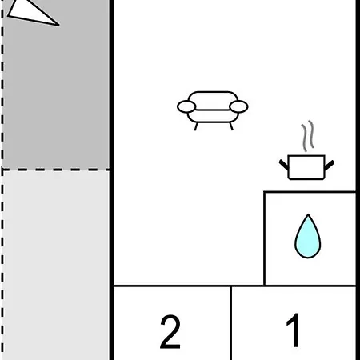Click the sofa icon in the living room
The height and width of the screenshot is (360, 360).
point(213,110)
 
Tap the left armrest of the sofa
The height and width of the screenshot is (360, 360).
point(186,107)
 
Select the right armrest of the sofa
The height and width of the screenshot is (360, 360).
point(238,107)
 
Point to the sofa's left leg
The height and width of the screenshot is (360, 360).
point(196,126)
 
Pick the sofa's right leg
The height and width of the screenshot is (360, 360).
point(231,126)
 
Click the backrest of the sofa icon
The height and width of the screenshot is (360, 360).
point(213,101)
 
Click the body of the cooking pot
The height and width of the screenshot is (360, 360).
point(306,167)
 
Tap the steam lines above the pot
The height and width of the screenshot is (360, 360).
point(307,136)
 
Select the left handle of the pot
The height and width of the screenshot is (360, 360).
point(284,165)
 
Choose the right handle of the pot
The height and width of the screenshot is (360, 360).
point(330,165)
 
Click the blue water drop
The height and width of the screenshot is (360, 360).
point(308,236)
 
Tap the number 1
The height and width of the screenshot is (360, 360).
point(293,330)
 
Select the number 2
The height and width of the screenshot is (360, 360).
point(170,331)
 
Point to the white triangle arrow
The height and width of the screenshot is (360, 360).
point(33,12)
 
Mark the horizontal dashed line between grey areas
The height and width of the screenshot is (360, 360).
point(55,170)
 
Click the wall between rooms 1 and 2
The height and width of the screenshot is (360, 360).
point(230,323)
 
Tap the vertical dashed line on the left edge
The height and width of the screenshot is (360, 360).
point(2,180)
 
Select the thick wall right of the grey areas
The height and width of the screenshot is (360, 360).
point(111,180)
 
